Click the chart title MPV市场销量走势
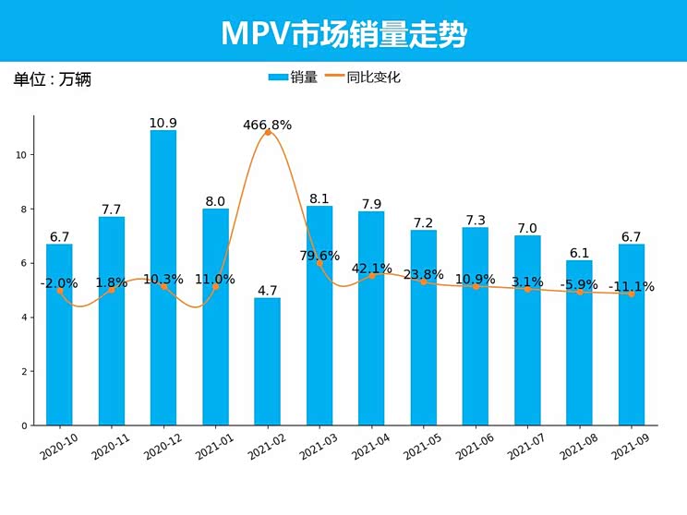pyautogui.click(x=343, y=33)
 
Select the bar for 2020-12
pyautogui.click(x=163, y=277)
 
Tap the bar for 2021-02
pyautogui.click(x=268, y=361)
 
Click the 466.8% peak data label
pyautogui.click(x=268, y=125)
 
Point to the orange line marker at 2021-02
pyautogui.click(x=268, y=132)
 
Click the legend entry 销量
pyautogui.click(x=293, y=78)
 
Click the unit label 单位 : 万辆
pyautogui.click(x=53, y=79)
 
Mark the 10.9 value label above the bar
pyautogui.click(x=163, y=123)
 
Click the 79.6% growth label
pyautogui.click(x=319, y=256)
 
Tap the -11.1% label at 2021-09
pyautogui.click(x=632, y=287)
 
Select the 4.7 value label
pyautogui.click(x=268, y=291)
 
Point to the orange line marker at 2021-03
pyautogui.click(x=319, y=263)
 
